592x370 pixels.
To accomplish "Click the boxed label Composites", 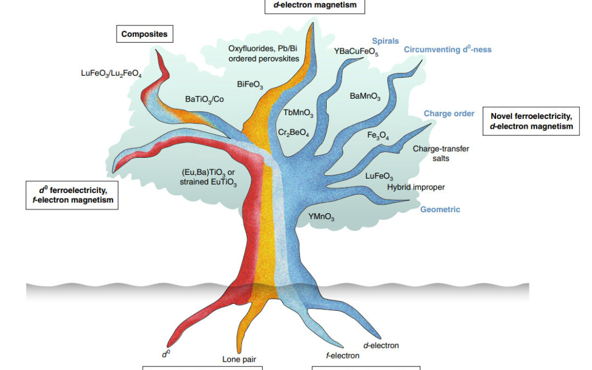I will click(144, 35).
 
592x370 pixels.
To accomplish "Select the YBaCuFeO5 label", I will click(356, 52).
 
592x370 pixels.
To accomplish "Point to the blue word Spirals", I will click(385, 41).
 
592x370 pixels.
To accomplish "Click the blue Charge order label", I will click(449, 113).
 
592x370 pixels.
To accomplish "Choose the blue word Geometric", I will click(440, 209).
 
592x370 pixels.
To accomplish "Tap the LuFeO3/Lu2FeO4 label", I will click(111, 73).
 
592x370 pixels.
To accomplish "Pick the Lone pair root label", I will click(239, 360).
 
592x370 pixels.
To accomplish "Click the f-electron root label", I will click(343, 355).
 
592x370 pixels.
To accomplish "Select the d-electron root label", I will click(381, 345).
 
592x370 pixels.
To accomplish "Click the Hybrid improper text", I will click(415, 187).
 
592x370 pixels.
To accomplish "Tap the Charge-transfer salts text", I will click(441, 153).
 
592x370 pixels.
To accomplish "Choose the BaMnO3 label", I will click(365, 96).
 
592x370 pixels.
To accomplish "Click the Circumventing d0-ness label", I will click(448, 49).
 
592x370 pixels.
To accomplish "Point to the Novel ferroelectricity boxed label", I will click(531, 121).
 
